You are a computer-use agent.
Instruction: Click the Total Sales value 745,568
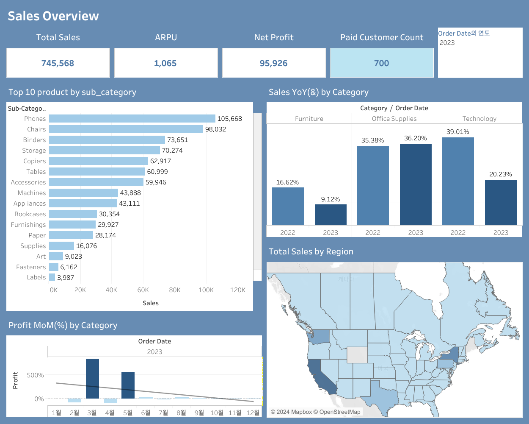58,63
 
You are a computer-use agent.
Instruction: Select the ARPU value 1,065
165,63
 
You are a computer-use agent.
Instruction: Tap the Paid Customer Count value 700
381,63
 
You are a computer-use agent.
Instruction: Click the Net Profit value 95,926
273,63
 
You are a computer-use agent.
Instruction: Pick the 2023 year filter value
447,43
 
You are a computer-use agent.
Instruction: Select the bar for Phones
132,119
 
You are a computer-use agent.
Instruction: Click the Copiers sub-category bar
99,161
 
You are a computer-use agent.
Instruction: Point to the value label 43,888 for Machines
130,193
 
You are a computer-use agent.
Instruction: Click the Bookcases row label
30,214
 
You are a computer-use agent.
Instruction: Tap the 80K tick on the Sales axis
175,290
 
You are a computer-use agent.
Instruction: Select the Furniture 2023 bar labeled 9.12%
331,215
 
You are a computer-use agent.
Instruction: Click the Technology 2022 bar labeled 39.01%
458,181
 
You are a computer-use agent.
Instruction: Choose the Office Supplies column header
394,119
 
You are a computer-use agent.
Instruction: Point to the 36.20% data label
416,138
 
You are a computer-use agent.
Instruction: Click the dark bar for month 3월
92,379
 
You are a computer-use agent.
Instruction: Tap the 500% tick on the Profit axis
35,375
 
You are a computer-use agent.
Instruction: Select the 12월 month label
253,413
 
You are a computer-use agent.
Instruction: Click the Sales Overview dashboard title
53,16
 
